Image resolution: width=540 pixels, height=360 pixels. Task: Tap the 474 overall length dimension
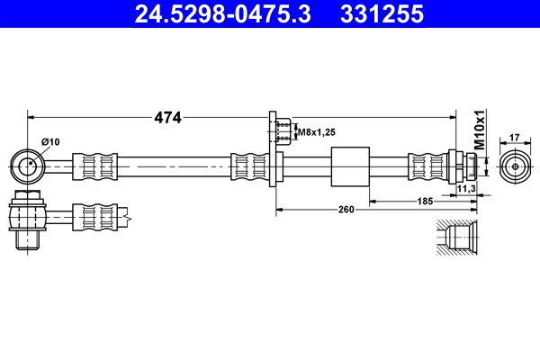coord(168,117)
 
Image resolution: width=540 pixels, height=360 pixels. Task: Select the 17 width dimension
coord(515,137)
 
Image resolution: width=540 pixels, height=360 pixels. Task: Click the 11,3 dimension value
coord(465,189)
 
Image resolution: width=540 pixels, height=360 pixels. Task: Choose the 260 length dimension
coord(346,209)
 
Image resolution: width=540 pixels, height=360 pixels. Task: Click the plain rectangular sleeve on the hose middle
coord(351,166)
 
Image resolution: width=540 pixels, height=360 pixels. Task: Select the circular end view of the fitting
coord(515,166)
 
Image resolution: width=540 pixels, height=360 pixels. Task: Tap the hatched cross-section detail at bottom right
coord(458,238)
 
